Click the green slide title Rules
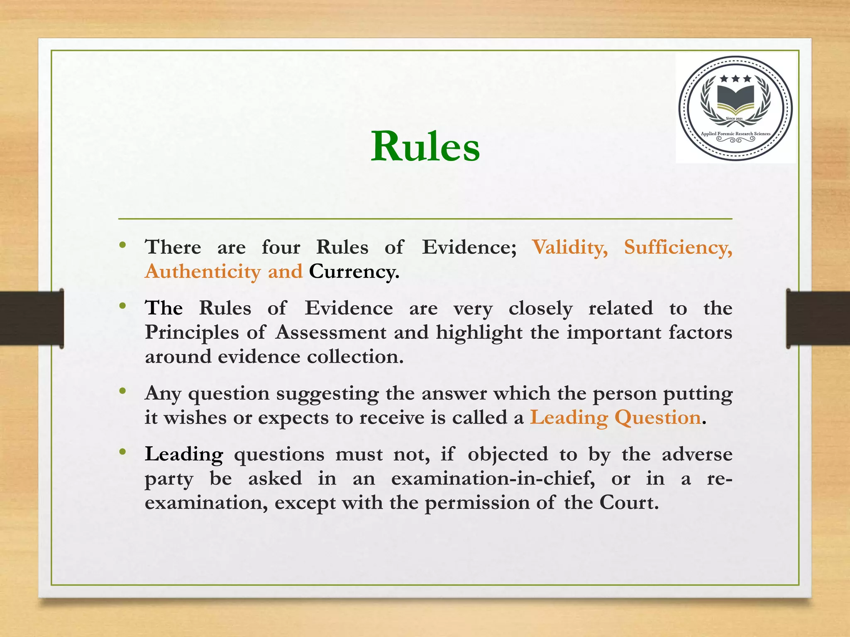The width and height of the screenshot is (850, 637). click(425, 146)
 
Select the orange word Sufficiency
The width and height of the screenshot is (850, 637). click(678, 248)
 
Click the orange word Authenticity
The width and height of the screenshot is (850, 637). click(203, 272)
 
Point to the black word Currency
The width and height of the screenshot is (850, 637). click(354, 272)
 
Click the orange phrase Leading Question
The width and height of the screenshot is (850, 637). click(616, 418)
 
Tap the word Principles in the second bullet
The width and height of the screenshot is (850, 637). click(192, 333)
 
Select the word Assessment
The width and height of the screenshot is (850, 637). click(331, 333)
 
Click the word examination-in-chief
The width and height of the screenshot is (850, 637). click(493, 479)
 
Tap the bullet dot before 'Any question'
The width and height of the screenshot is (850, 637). click(122, 391)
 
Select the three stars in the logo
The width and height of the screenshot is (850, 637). click(735, 78)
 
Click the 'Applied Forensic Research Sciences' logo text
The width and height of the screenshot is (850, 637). click(735, 134)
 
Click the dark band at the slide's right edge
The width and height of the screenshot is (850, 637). click(818, 318)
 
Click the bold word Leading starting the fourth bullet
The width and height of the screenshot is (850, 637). click(184, 455)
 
